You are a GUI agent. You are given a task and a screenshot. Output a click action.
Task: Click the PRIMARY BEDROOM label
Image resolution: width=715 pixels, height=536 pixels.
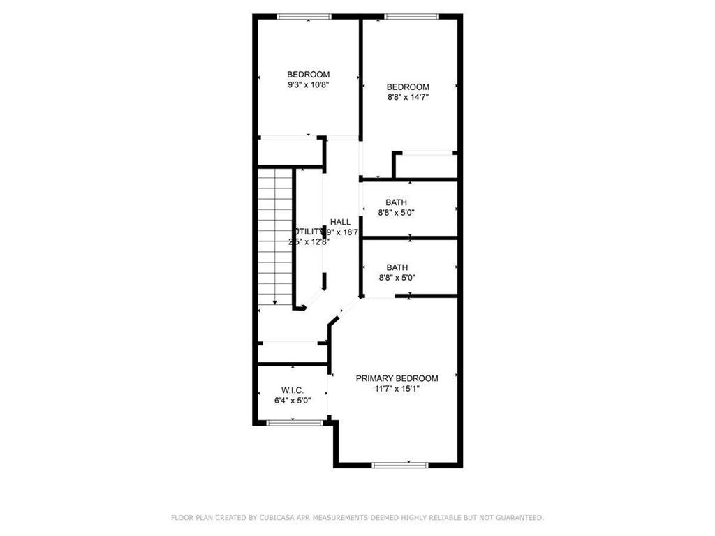click(397, 378)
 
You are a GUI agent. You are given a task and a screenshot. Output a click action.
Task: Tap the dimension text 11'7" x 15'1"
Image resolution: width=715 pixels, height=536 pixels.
click(397, 388)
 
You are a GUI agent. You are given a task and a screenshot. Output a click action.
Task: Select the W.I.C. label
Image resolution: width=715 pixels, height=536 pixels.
click(291, 390)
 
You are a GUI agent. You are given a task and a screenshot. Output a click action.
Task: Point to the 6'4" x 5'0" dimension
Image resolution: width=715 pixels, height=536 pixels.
click(291, 400)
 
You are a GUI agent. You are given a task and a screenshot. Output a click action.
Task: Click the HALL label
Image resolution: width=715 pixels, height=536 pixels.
click(341, 222)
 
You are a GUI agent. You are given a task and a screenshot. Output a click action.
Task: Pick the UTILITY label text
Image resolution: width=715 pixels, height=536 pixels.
click(308, 232)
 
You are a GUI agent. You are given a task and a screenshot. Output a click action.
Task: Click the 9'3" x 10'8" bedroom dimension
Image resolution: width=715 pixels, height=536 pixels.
click(308, 84)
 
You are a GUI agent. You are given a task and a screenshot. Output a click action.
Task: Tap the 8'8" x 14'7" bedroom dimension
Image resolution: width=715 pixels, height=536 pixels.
click(408, 97)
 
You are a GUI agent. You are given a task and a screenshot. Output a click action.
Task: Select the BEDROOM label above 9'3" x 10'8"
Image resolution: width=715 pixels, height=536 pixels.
click(308, 75)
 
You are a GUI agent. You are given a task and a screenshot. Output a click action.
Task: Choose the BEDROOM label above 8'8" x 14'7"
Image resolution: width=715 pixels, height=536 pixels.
click(408, 87)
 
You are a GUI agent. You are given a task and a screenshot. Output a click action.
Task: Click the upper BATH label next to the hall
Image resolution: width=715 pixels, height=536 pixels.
click(396, 203)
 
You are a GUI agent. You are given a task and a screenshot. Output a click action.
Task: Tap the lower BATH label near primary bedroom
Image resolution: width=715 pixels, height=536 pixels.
click(396, 267)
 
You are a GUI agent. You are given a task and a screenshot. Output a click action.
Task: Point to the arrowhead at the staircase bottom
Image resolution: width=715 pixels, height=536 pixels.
click(275, 302)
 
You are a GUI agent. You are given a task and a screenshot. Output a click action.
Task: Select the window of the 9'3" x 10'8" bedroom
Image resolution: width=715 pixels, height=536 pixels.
click(304, 16)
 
